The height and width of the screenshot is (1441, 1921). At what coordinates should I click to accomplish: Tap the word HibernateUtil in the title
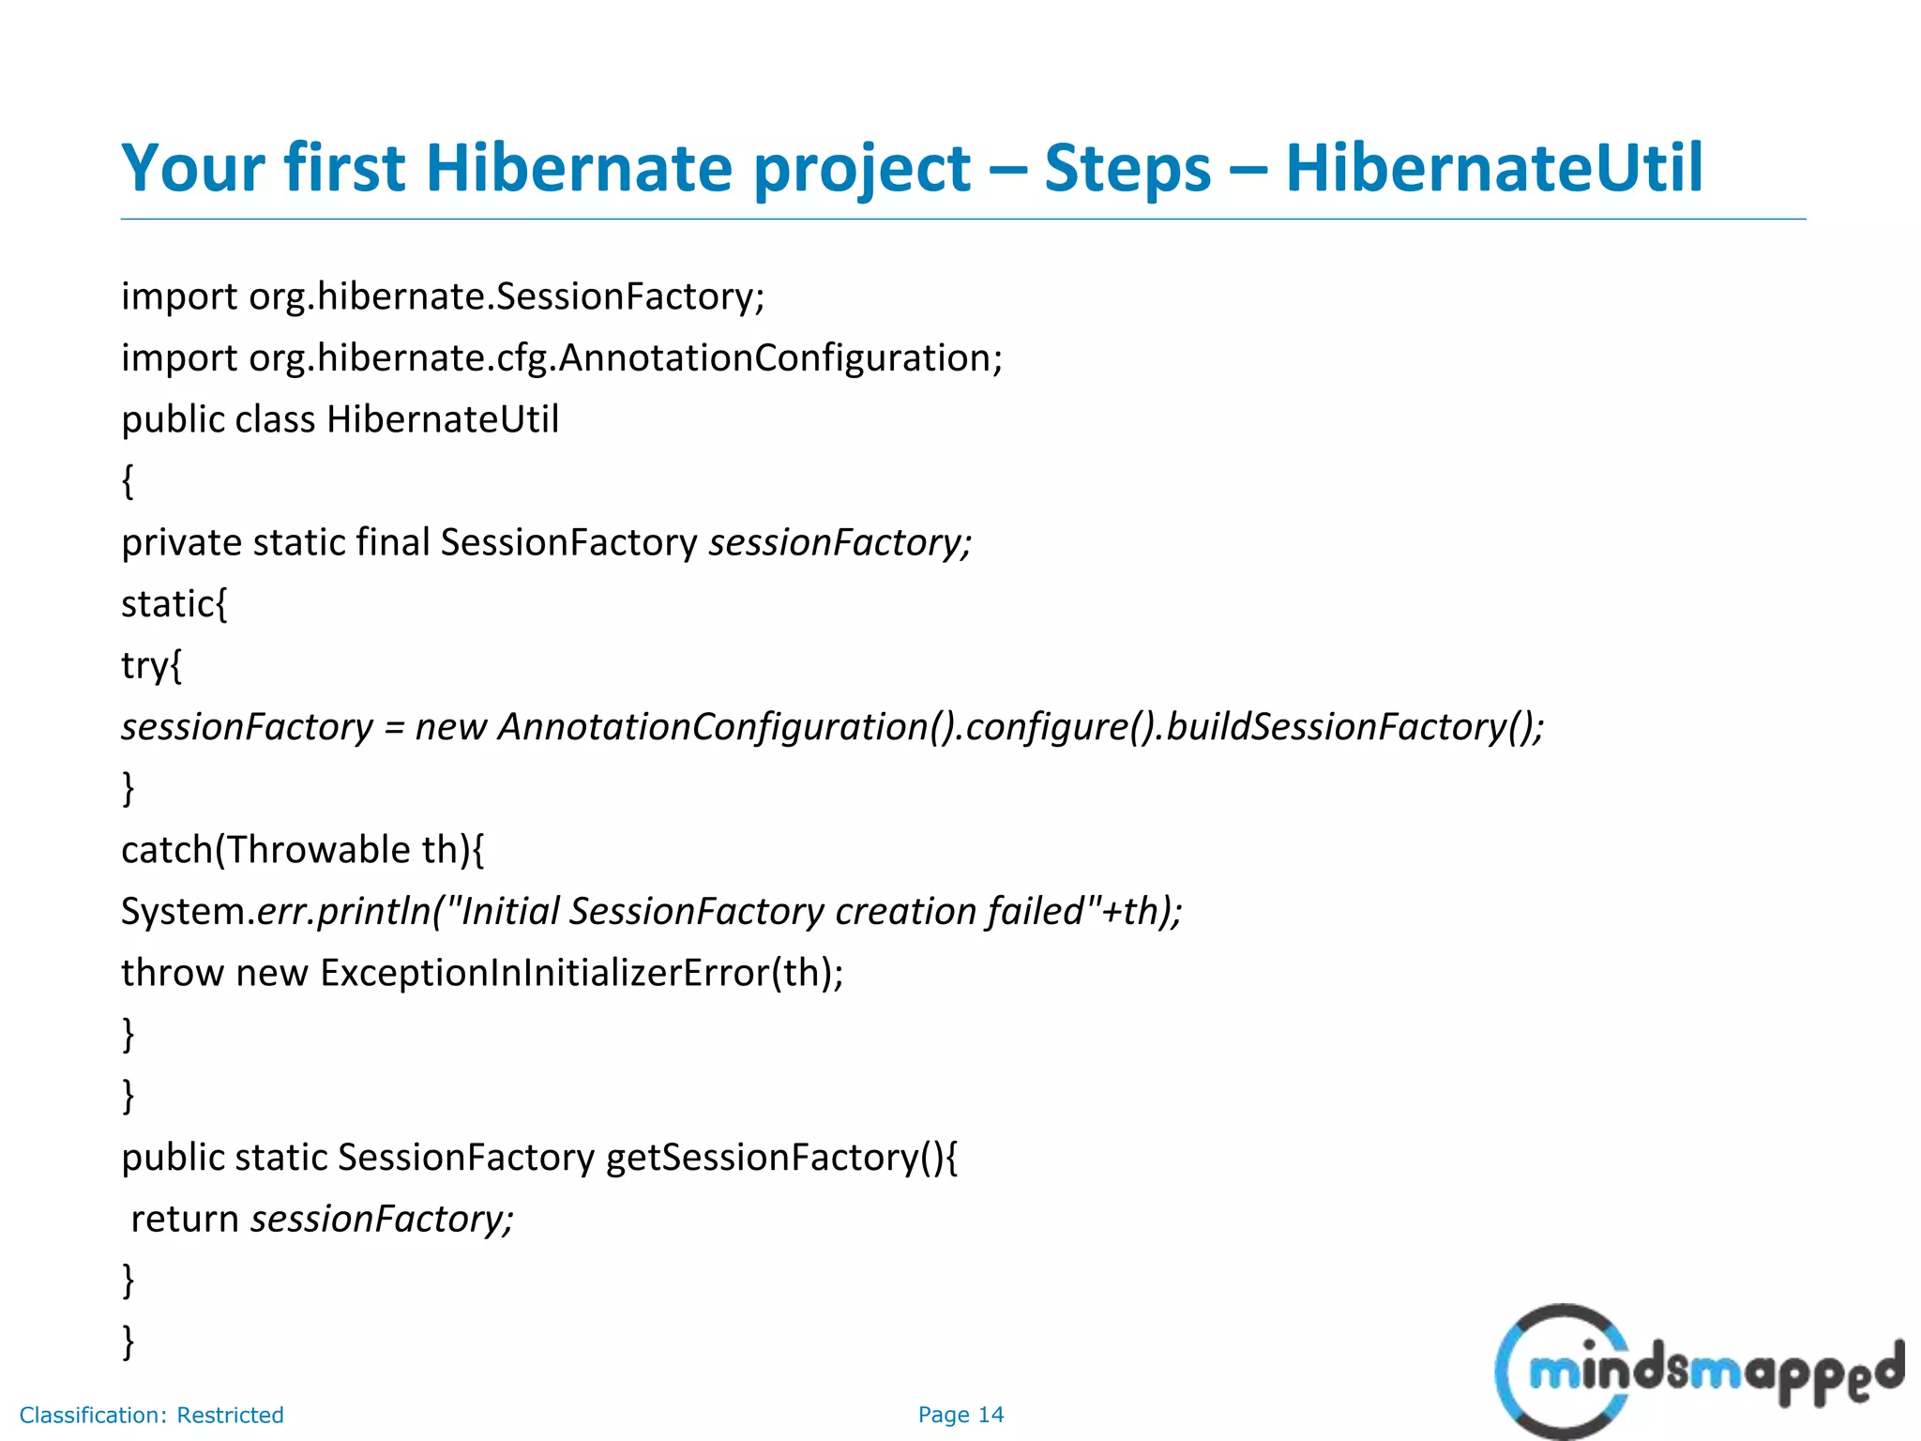click(x=1493, y=169)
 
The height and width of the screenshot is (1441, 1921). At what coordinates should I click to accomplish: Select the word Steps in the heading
click(x=1127, y=169)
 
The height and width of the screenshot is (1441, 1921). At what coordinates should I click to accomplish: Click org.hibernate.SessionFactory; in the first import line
click(x=507, y=297)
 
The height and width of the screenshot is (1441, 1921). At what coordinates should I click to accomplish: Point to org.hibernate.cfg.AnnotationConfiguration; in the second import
click(x=626, y=359)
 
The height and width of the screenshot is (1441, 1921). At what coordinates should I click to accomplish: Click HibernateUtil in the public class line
click(x=442, y=420)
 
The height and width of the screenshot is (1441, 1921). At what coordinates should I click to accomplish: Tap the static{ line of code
click(x=174, y=605)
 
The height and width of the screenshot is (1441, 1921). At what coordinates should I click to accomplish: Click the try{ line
click(x=151, y=667)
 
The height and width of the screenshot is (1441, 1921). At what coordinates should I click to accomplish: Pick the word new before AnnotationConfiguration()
click(x=450, y=728)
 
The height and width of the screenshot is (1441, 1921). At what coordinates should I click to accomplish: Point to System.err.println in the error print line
click(x=276, y=912)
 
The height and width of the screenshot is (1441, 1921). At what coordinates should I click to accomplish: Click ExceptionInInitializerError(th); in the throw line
click(x=582, y=974)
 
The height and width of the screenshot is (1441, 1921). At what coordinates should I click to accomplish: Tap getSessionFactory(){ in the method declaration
click(x=781, y=1159)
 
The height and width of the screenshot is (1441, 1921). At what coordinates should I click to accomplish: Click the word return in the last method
click(x=185, y=1220)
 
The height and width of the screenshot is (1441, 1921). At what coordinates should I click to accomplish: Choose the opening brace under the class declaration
click(x=129, y=482)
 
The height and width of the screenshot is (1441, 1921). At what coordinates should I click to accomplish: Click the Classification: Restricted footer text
click(x=151, y=1415)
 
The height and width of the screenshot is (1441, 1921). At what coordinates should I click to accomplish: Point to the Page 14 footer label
click(x=960, y=1415)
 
